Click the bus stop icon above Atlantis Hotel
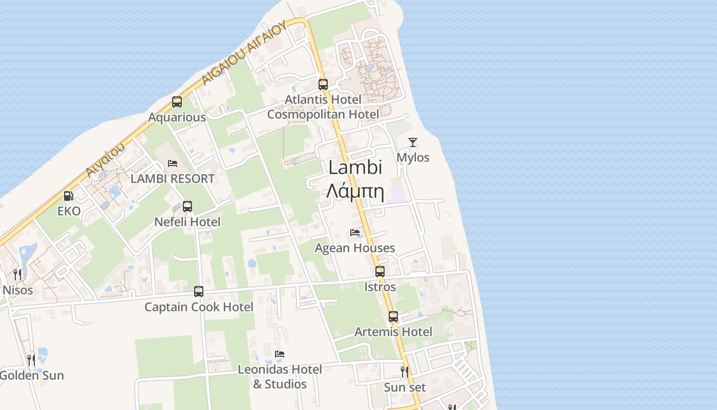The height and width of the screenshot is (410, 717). (x=323, y=85)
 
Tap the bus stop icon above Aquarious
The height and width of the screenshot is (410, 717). (x=177, y=102)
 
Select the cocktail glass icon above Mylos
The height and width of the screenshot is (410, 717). (x=413, y=142)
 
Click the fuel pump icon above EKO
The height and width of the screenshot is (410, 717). (x=68, y=196)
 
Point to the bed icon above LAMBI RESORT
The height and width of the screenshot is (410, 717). (x=173, y=163)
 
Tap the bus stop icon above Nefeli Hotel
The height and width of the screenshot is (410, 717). (x=187, y=207)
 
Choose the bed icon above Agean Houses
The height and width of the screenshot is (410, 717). (x=355, y=233)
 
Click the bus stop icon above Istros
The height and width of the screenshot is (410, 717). (x=380, y=272)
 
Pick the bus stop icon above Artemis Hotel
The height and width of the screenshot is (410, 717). (x=393, y=317)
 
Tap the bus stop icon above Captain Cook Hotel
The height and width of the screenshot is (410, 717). (x=199, y=292)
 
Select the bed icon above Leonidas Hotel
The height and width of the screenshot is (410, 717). (x=280, y=354)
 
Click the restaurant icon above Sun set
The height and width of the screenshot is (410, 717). (x=405, y=371)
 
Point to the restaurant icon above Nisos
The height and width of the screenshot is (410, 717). (x=17, y=274)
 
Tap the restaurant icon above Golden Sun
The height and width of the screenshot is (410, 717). (x=31, y=360)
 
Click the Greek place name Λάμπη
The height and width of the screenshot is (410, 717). (x=355, y=192)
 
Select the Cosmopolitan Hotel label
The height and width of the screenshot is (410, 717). (x=323, y=114)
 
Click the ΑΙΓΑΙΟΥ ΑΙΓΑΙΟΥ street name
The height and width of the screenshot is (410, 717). (x=243, y=53)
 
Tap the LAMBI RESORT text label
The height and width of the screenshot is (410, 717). (x=173, y=179)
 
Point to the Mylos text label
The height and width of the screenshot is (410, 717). (x=413, y=157)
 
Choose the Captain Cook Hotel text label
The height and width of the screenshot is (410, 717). (x=199, y=307)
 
